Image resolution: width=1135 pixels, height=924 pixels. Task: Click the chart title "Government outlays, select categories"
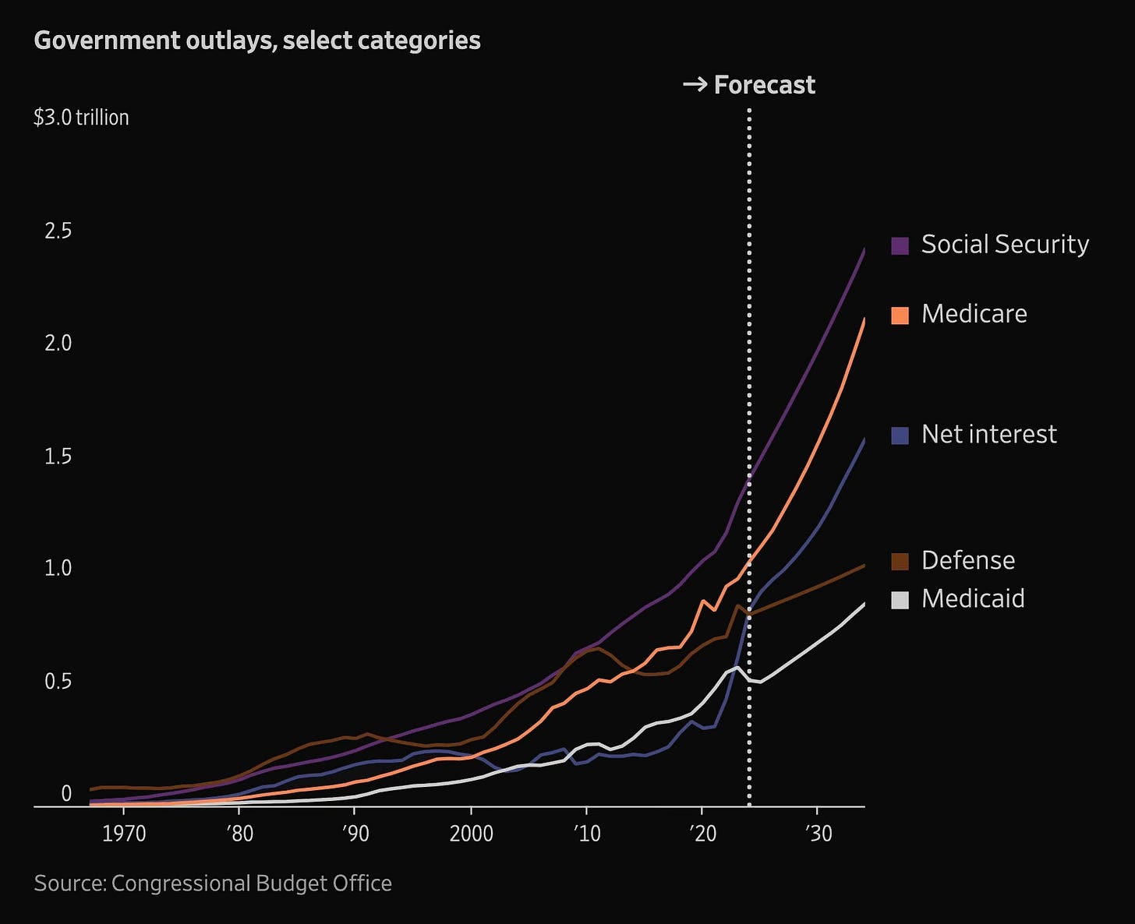click(257, 41)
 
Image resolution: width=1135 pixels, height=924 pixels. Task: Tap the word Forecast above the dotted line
click(764, 85)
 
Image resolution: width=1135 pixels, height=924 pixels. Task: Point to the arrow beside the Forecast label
click(695, 84)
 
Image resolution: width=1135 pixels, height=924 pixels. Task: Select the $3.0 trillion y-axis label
click(81, 118)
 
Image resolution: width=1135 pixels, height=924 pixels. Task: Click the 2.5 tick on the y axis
click(58, 231)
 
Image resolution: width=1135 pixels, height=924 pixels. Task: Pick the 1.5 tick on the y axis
click(58, 456)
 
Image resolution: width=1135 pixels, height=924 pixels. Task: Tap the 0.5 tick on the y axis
click(58, 682)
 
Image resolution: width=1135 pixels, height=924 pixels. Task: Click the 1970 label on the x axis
click(125, 834)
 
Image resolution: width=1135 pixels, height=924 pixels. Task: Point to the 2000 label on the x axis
click(471, 834)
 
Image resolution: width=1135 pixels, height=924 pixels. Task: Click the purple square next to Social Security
click(900, 245)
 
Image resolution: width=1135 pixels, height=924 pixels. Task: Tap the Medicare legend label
click(974, 314)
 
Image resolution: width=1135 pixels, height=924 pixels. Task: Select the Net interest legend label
click(988, 434)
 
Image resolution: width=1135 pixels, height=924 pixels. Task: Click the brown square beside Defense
click(900, 561)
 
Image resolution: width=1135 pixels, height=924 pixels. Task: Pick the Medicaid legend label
click(973, 598)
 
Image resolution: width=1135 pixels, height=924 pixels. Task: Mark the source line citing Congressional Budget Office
click(213, 883)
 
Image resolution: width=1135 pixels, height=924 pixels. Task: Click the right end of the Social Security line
click(864, 251)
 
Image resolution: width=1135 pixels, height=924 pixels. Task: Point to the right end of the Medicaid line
click(864, 604)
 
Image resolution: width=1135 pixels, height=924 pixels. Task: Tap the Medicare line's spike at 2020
click(703, 601)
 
